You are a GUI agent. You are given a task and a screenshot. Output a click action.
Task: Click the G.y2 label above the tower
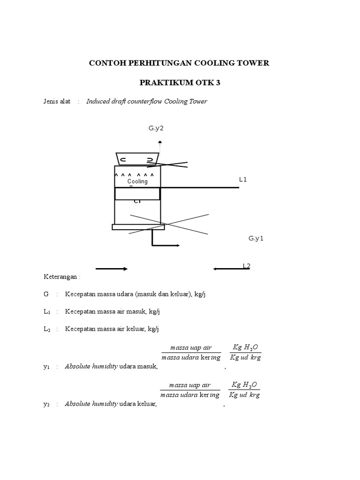click(156, 128)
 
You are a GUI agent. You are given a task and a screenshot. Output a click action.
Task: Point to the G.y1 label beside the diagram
click(256, 238)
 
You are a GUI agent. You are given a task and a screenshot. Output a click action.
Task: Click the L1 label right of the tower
click(243, 179)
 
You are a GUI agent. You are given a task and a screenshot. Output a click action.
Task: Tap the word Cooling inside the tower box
click(137, 181)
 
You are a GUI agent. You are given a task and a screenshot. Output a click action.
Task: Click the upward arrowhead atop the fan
click(160, 142)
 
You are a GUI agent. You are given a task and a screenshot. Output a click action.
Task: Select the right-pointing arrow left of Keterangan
click(112, 269)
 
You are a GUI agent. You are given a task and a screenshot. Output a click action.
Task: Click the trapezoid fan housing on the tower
click(137, 159)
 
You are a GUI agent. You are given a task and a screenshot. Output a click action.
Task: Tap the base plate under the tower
click(138, 227)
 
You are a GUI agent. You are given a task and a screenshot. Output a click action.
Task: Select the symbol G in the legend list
click(46, 294)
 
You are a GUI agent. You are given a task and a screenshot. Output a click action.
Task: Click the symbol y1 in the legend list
click(46, 367)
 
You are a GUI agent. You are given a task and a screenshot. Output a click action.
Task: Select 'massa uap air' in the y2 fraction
click(190, 385)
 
